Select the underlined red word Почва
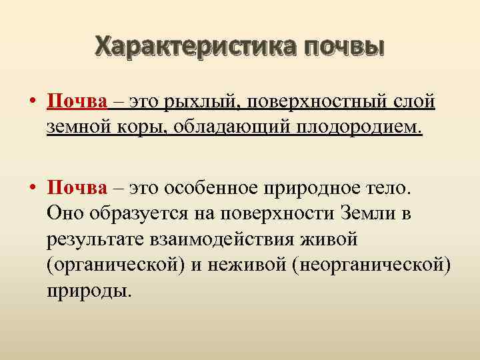point(77,103)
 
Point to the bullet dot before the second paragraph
point(32,188)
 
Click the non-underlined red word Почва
point(77,187)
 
